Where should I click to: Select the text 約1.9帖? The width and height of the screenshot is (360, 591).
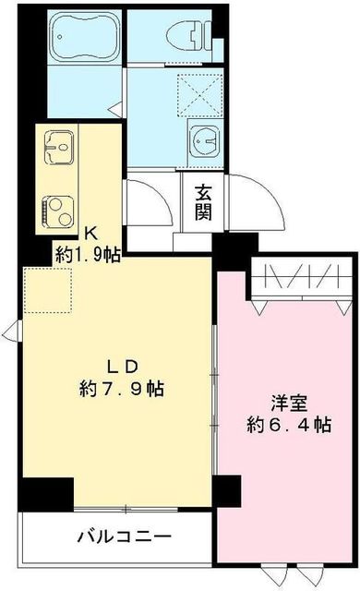(87, 254)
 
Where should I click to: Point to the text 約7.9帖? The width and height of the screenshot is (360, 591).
(122, 389)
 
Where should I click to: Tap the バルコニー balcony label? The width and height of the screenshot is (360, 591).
(124, 537)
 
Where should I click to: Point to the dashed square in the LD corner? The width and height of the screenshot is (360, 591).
(42, 286)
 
